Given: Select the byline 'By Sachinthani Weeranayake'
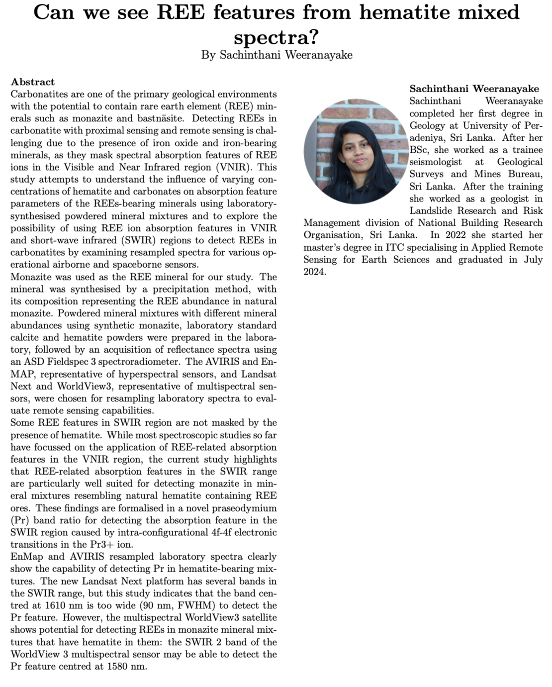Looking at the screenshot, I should pos(276,55).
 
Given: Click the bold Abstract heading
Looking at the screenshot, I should pos(33,82).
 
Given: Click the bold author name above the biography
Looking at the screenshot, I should pos(474,89).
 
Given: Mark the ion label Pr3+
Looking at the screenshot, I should pos(108,544).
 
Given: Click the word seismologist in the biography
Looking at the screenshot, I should pos(435,162).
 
